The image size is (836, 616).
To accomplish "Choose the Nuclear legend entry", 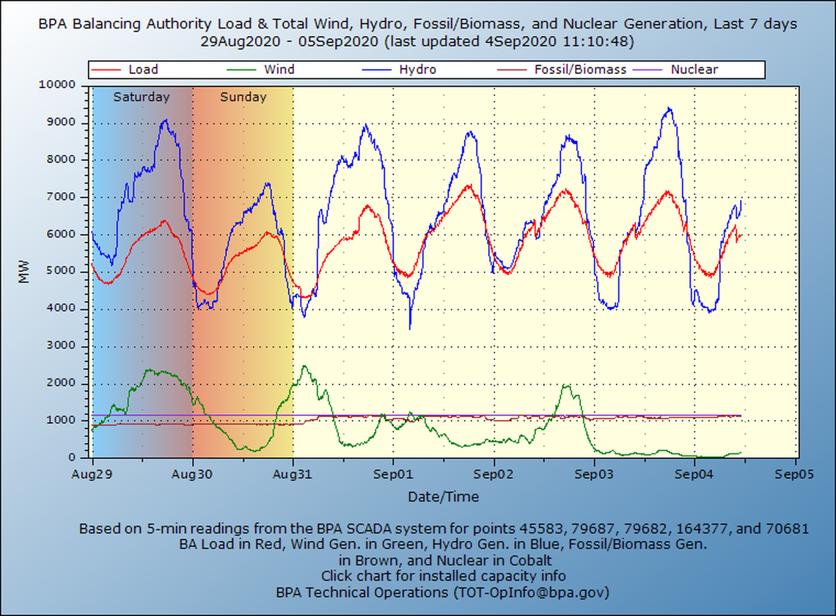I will click(694, 70).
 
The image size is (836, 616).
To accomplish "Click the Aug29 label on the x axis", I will click(92, 474).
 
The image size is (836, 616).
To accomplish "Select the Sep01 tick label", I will click(393, 474).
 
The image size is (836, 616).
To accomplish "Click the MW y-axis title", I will click(25, 271).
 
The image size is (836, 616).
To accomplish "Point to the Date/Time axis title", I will click(444, 497).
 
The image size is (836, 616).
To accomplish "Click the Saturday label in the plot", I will click(142, 97).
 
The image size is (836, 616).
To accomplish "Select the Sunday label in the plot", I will click(243, 97).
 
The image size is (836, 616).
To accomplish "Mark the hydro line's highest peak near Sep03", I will click(668, 109).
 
